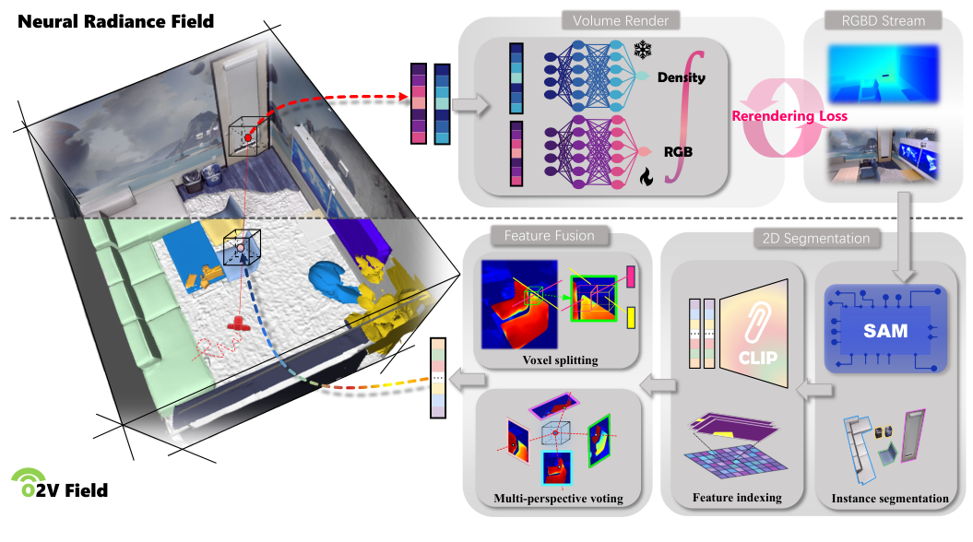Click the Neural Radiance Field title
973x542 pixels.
click(115, 19)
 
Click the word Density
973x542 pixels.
click(681, 77)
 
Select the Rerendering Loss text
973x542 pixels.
click(789, 116)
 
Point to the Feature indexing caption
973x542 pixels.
click(737, 498)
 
